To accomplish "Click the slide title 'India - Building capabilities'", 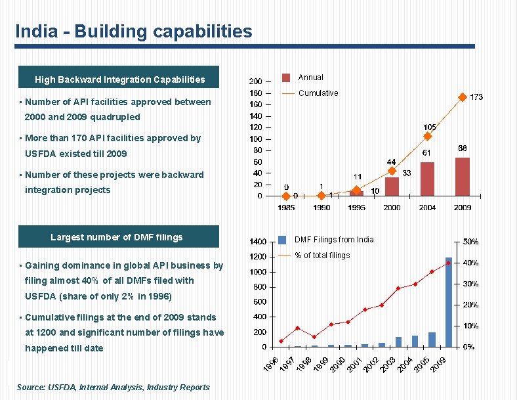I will (133, 32).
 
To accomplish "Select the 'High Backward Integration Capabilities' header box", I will (119, 79).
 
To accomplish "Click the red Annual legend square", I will (285, 78).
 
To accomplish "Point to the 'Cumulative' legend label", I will (318, 93).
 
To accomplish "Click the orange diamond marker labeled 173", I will (462, 97).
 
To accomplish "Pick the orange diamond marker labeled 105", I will (427, 137).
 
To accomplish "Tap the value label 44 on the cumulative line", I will (391, 162).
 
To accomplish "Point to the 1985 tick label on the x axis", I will (286, 208).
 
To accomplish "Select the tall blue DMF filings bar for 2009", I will (449, 302).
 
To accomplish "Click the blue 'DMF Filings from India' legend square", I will (282, 240).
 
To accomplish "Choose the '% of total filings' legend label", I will (322, 256).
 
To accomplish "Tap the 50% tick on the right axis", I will (470, 242).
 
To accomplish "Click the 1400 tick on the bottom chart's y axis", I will (257, 242).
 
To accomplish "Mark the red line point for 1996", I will (281, 341).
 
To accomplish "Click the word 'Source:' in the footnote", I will (31, 388).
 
